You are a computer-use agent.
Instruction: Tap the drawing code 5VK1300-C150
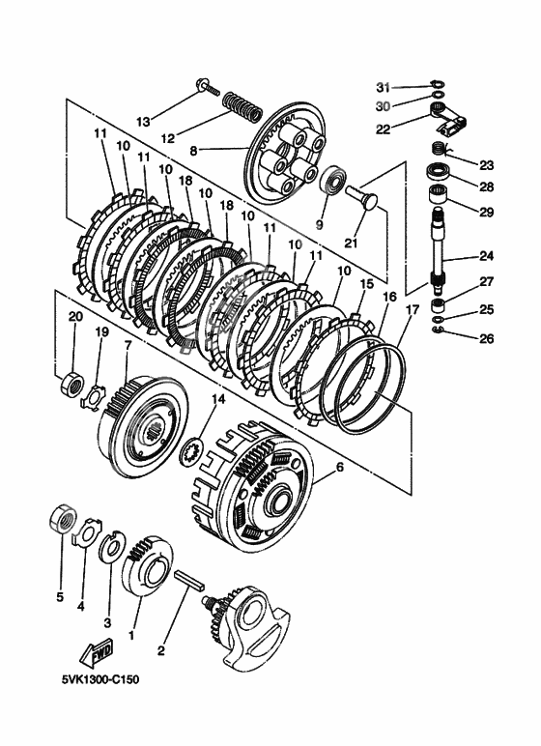[x=100, y=679]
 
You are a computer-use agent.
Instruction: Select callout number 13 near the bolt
[x=143, y=122]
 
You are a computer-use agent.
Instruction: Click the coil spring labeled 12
[x=242, y=106]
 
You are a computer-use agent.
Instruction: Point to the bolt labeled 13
[x=209, y=88]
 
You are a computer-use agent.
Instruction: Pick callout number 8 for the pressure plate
[x=192, y=152]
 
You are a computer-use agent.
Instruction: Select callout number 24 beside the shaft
[x=486, y=256]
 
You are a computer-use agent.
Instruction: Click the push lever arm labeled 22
[x=449, y=119]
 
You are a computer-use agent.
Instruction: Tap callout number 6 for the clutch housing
[x=339, y=468]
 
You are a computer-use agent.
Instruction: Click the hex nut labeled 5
[x=63, y=519]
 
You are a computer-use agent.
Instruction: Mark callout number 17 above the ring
[x=413, y=310]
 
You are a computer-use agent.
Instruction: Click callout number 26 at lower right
[x=487, y=339]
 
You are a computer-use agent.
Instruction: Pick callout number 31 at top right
[x=383, y=88]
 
